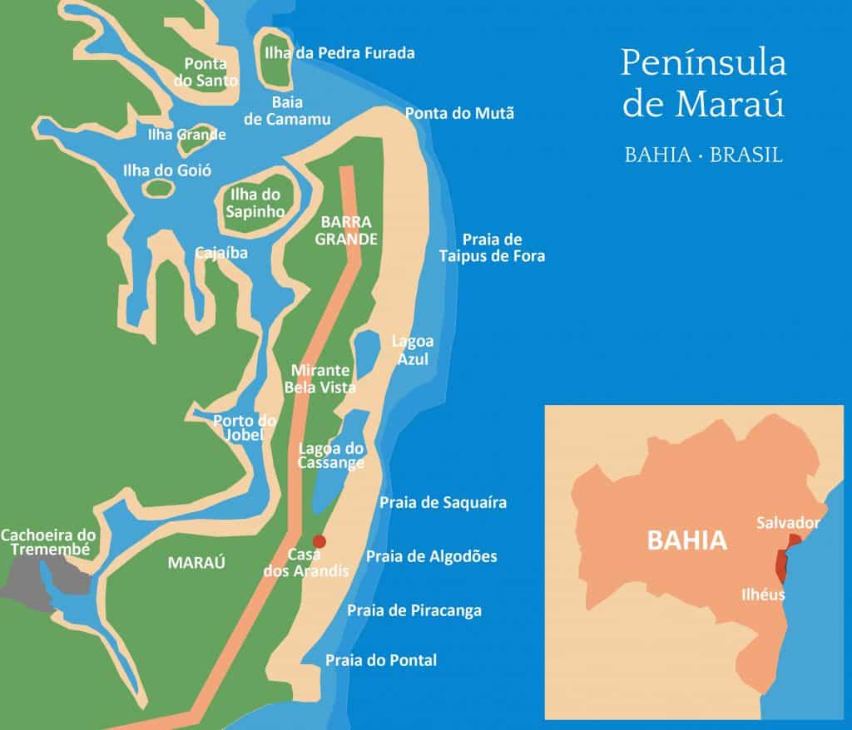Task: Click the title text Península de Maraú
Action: click(x=704, y=83)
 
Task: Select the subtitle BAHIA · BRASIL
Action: click(x=704, y=155)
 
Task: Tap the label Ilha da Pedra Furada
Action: click(x=339, y=53)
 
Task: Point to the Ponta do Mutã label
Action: click(x=459, y=113)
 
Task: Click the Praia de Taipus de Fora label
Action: click(x=492, y=248)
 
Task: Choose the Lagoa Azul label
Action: click(x=413, y=350)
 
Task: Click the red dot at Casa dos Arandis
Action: click(x=319, y=541)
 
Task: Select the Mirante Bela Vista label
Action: click(x=320, y=379)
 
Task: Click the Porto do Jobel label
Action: click(x=245, y=428)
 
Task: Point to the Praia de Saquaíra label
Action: click(x=443, y=502)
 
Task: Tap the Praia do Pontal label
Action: click(x=381, y=660)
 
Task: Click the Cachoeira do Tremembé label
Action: click(x=48, y=543)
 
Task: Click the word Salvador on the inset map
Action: click(x=788, y=523)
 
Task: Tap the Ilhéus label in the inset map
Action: click(x=763, y=594)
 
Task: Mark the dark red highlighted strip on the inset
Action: click(x=781, y=566)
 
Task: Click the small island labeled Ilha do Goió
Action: click(x=156, y=188)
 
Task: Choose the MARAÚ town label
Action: click(x=197, y=563)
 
